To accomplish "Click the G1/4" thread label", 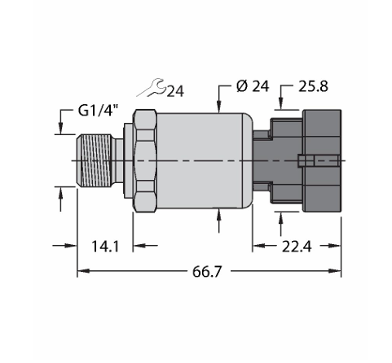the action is click(99, 111).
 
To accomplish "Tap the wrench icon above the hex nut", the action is click(151, 88).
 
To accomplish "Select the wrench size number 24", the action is click(175, 91).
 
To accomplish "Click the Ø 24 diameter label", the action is click(253, 86).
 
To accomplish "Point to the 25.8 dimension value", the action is click(313, 86).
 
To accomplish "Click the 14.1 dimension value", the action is click(105, 247).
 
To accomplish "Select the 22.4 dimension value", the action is click(297, 247).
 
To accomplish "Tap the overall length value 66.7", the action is click(207, 272).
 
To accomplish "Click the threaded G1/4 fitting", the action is click(93, 160).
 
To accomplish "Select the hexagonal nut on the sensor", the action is click(145, 160).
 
